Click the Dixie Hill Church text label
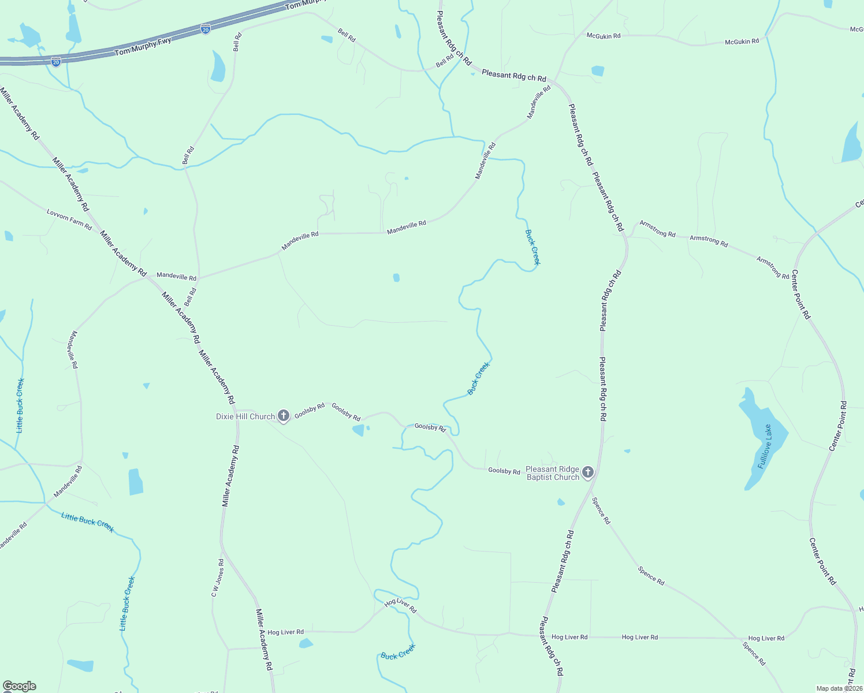[245, 416]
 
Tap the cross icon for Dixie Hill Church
[284, 415]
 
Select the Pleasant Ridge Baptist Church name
[553, 473]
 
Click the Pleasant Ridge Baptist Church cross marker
[588, 472]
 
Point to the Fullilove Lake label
[765, 447]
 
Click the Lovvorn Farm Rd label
[69, 219]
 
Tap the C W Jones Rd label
[217, 578]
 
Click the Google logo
[19, 685]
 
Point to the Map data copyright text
[839, 688]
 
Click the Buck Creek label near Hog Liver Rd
[398, 652]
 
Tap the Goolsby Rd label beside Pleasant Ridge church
[504, 471]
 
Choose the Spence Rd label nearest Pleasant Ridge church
[601, 511]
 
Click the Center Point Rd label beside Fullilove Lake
[838, 426]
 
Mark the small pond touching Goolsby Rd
[359, 430]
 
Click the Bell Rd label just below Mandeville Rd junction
[191, 297]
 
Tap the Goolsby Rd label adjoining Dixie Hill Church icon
[310, 411]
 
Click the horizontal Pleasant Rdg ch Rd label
[513, 75]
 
